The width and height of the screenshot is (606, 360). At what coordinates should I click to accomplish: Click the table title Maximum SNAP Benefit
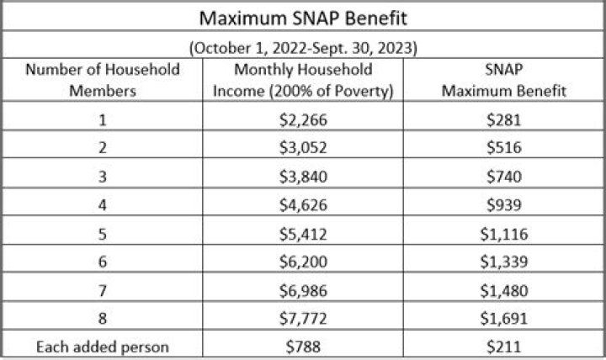302,17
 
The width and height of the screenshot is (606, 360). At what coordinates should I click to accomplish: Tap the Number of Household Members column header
103,80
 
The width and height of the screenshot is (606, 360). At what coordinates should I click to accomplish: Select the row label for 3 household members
103,177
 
